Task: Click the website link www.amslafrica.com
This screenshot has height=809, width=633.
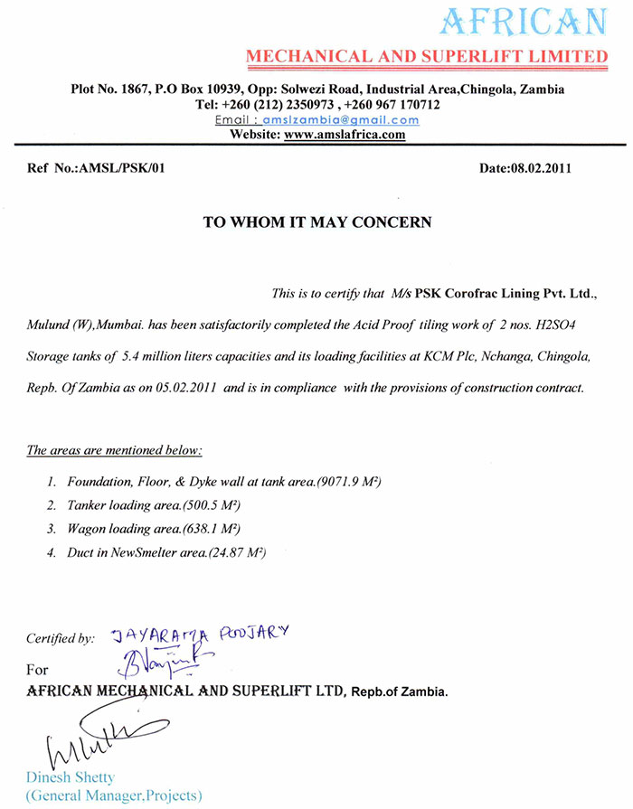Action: (345, 134)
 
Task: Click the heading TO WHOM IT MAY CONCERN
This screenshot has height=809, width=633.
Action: (316, 221)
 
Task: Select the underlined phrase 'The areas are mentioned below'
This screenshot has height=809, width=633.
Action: (115, 449)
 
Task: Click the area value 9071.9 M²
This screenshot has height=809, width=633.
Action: (348, 483)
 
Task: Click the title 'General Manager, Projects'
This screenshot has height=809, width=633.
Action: (114, 796)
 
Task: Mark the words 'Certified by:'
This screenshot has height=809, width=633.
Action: (61, 638)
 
